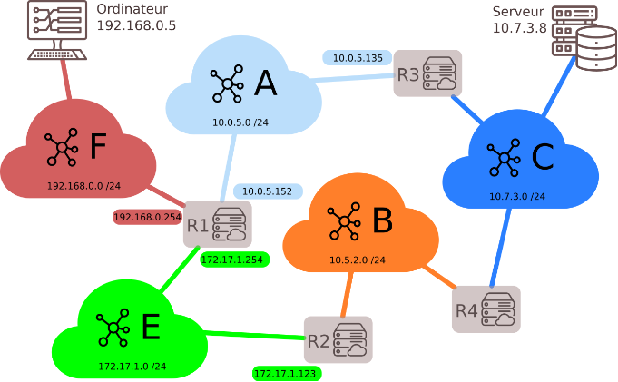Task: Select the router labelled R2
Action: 338,340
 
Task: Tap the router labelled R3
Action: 427,73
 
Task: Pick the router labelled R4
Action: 486,309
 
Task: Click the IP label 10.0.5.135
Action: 357,58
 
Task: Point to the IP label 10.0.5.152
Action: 268,191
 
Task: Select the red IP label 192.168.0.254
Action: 147,218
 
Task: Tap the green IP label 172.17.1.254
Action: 231,260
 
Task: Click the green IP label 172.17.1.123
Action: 287,373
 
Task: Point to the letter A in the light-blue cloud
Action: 265,83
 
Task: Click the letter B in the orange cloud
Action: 382,220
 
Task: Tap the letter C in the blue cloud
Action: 542,159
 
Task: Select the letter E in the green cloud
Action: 150,327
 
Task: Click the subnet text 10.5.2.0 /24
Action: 358,260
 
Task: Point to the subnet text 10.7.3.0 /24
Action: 517,196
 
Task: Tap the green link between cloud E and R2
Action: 254,337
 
